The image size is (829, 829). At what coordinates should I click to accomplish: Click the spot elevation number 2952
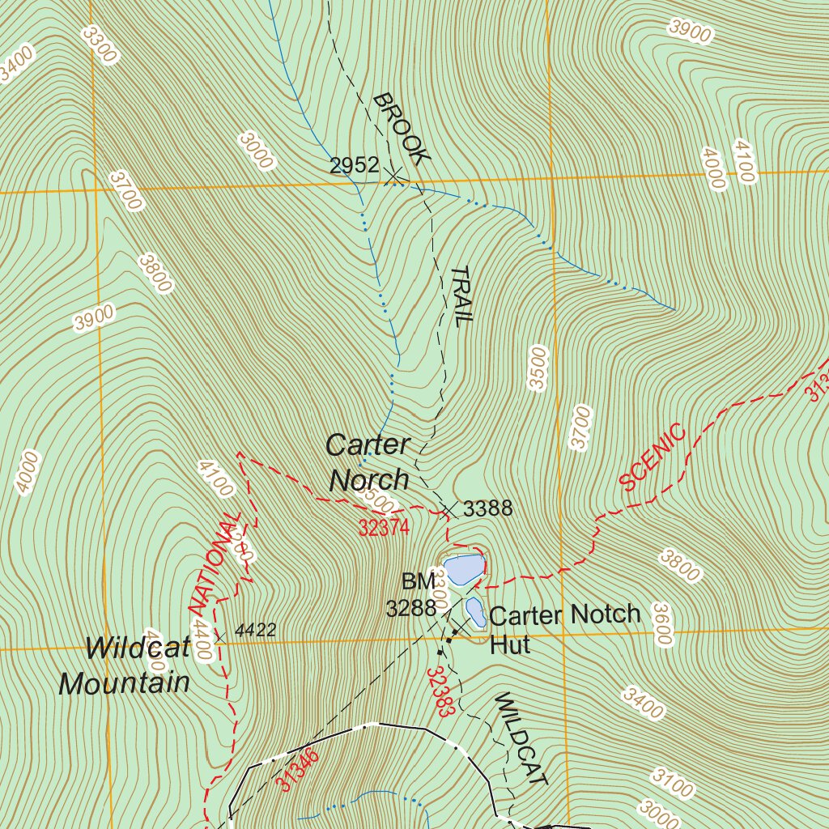354,166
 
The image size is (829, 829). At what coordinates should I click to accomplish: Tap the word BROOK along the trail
398,130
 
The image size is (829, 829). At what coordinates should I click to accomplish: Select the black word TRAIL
460,295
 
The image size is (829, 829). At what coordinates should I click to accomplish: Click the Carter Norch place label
368,462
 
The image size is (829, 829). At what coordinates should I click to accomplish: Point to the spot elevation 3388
488,508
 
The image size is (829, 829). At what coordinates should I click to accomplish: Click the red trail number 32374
385,528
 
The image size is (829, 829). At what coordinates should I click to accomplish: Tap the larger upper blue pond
461,570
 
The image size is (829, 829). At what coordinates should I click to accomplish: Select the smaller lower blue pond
475,612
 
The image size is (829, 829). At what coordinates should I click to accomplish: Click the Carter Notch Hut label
564,628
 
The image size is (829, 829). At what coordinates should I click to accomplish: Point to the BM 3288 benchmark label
412,595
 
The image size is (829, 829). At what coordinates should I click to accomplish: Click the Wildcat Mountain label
125,665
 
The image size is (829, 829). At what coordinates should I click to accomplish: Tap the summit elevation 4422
255,629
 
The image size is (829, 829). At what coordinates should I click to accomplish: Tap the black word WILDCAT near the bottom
521,739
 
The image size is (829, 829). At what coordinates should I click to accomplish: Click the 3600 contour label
662,623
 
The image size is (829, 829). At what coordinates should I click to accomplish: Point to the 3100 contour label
672,786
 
